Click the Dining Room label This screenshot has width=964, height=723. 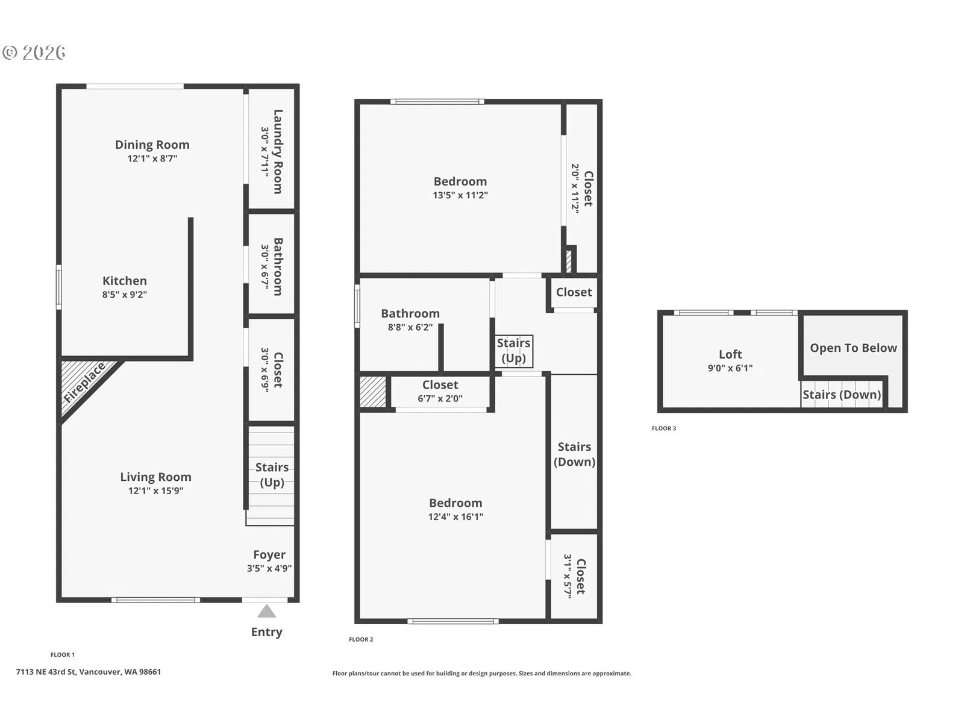point(152,145)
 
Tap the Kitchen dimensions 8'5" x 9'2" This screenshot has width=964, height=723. point(125,294)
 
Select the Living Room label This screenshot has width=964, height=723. point(155,477)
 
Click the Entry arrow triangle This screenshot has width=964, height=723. point(266,611)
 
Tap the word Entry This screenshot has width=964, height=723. point(266,632)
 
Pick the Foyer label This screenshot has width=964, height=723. point(269,554)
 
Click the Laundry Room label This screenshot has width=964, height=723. point(278,151)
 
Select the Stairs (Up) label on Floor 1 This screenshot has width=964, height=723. point(272,475)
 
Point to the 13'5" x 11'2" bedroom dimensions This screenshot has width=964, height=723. point(460,195)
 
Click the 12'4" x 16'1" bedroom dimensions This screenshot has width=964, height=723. point(455,516)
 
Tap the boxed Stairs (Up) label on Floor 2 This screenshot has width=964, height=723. point(513,351)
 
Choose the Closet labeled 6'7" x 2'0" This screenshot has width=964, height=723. point(440,384)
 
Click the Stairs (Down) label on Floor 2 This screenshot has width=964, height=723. point(574,454)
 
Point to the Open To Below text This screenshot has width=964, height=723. point(853,348)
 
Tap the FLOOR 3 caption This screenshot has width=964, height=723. point(663,428)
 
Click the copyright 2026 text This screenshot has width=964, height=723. point(34,52)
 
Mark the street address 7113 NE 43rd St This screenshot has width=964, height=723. point(46,672)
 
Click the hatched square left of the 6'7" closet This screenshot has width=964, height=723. point(372,392)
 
